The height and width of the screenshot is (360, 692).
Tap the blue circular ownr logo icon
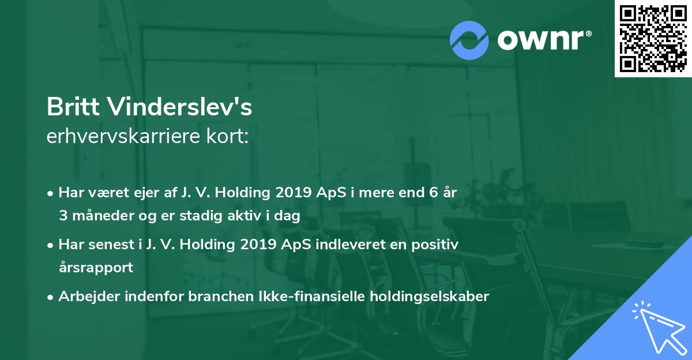pyautogui.click(x=469, y=40)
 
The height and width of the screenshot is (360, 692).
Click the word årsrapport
pyautogui.click(x=96, y=268)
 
